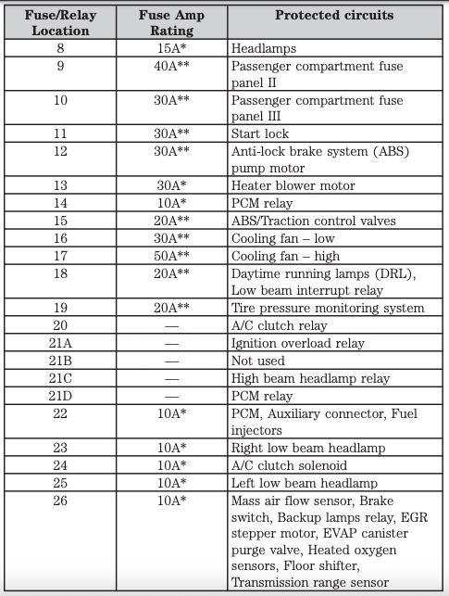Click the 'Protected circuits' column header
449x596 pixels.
click(x=334, y=15)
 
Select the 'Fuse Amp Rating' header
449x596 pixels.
click(x=172, y=22)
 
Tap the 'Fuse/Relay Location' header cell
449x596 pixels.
click(x=60, y=22)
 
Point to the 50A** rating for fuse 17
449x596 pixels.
click(x=172, y=256)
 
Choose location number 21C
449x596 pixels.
click(x=60, y=378)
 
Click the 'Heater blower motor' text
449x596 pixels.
click(x=292, y=186)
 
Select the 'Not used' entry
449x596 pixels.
click(x=258, y=361)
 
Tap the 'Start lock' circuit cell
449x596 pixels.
click(x=260, y=134)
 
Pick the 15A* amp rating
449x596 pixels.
click(x=172, y=47)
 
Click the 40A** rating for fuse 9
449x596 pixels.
click(x=172, y=65)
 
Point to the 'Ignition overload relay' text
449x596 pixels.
click(x=297, y=343)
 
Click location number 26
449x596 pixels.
click(x=60, y=501)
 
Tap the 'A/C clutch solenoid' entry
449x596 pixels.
click(x=290, y=466)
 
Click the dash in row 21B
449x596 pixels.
click(x=172, y=361)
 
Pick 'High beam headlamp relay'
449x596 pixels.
click(x=310, y=378)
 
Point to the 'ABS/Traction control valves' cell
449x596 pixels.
click(x=313, y=221)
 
